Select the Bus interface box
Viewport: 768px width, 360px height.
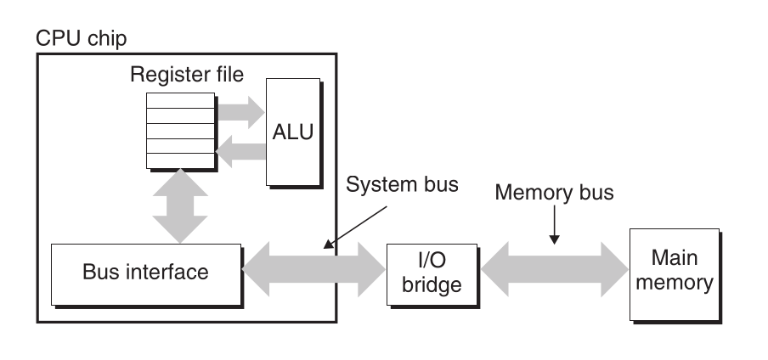tap(145, 273)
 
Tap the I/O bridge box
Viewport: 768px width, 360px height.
tap(432, 273)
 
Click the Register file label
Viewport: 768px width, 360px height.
tap(186, 75)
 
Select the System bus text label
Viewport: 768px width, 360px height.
tap(403, 184)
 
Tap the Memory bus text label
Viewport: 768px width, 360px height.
tap(553, 193)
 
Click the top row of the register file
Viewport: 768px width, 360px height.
tap(180, 100)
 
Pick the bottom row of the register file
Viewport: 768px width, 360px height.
tap(180, 160)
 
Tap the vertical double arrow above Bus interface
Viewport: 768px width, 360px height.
tap(180, 205)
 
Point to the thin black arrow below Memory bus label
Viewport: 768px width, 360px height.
tap(553, 229)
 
